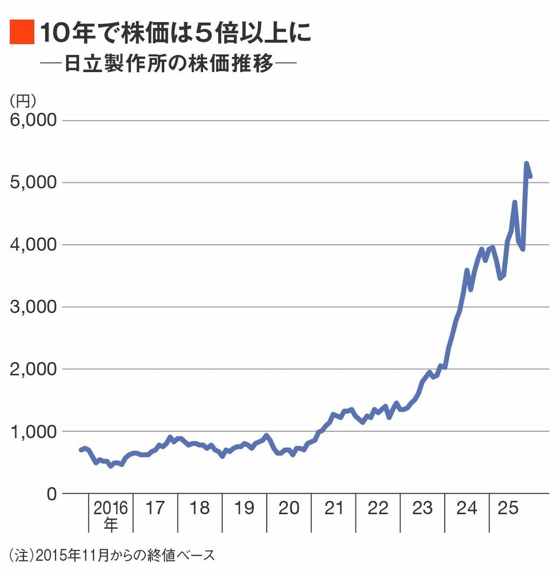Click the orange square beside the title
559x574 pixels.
click(x=21, y=32)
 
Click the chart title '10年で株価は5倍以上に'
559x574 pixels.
click(x=175, y=33)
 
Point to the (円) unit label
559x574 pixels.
click(x=23, y=100)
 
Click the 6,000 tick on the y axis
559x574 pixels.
click(x=33, y=120)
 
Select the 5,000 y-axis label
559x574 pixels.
click(x=33, y=182)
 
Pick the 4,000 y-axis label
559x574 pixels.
click(x=33, y=245)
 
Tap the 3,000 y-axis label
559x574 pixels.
click(x=33, y=307)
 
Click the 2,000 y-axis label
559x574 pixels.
click(x=33, y=369)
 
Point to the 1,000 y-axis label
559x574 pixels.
click(x=33, y=431)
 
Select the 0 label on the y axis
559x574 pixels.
click(x=51, y=493)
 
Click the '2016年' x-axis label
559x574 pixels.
click(x=110, y=515)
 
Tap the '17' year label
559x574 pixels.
click(x=155, y=508)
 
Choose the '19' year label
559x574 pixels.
click(x=244, y=508)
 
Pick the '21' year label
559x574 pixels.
click(x=333, y=508)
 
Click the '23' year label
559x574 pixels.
click(x=422, y=508)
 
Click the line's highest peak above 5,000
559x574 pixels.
click(x=526, y=164)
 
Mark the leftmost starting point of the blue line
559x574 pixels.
click(x=81, y=449)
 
